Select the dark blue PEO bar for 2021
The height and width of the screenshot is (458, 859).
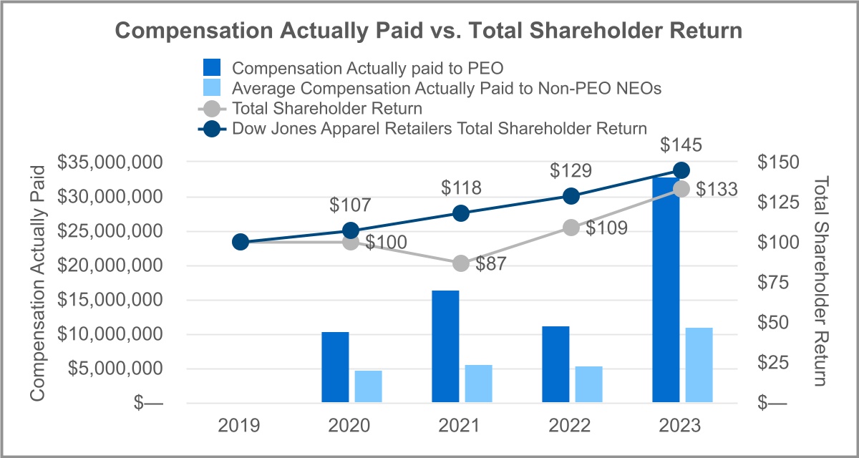pos(445,346)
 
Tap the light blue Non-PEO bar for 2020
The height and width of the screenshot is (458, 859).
pos(368,386)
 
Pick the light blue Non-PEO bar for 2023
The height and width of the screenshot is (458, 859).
pos(699,365)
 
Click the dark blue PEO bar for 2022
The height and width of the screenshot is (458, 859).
pos(555,364)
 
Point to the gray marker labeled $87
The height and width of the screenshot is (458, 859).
pos(461,263)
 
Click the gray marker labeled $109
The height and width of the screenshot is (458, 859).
pos(571,228)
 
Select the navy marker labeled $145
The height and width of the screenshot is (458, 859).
pos(681,170)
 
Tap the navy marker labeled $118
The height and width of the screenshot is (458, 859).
pos(461,213)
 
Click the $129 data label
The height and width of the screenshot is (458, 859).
pos(571,171)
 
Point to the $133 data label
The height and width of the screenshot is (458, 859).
pos(716,189)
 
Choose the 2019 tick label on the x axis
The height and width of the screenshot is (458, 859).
pos(240,426)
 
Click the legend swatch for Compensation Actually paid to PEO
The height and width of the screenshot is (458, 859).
pos(213,68)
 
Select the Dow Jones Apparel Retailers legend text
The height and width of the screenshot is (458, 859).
pos(440,129)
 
